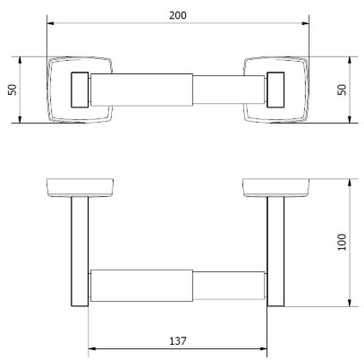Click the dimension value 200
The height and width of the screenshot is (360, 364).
(179, 15)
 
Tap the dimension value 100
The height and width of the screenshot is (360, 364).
(343, 242)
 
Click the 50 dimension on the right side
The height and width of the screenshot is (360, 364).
(343, 90)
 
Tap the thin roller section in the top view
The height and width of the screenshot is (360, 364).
(228, 90)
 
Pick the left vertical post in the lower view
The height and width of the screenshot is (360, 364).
(79, 251)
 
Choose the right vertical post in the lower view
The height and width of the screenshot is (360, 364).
(275, 251)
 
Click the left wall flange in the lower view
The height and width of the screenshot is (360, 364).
(80, 188)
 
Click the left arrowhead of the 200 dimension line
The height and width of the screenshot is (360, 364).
(50, 25)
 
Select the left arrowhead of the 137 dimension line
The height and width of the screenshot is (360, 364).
(91, 349)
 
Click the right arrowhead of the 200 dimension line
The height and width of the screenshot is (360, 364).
(308, 25)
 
